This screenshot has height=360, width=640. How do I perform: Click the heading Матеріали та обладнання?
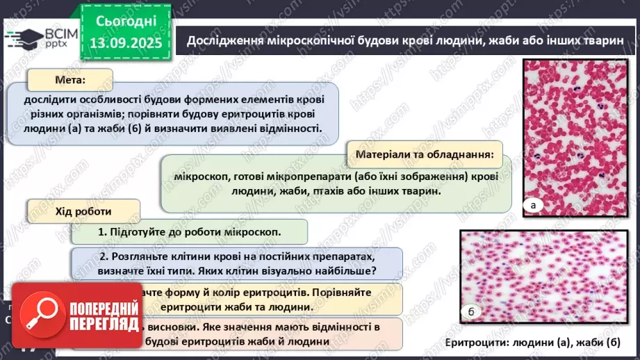coord(424,154)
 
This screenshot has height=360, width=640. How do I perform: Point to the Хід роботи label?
coord(83,211)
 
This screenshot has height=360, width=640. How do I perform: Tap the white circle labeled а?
coord(534,205)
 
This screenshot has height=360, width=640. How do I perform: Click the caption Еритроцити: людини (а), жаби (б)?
coord(532,343)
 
